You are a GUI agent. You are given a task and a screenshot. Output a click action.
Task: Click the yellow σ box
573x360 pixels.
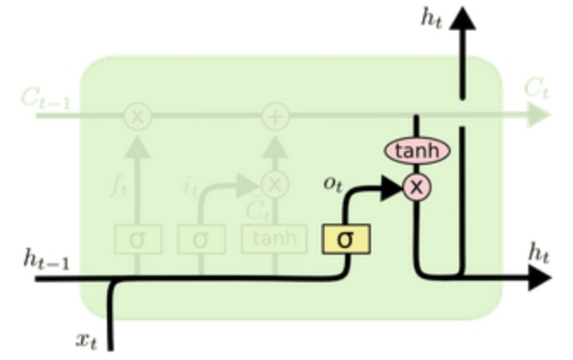click(x=345, y=238)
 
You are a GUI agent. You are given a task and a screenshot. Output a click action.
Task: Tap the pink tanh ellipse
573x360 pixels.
click(x=417, y=151)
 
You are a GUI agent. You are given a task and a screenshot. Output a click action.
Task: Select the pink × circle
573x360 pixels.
click(x=417, y=186)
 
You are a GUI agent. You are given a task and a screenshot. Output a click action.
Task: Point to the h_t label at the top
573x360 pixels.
click(x=431, y=19)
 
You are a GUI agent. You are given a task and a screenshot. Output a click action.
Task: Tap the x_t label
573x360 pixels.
click(x=85, y=340)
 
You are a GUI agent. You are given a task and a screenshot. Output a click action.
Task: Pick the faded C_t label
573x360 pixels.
click(x=536, y=87)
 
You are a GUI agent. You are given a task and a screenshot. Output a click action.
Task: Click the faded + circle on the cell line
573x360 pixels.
click(x=274, y=116)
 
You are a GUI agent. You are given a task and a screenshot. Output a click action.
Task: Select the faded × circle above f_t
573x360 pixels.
click(x=136, y=116)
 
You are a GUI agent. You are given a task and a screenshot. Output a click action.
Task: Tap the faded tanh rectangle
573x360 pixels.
click(x=274, y=238)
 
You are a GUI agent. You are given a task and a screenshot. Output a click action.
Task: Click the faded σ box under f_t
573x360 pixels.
click(x=136, y=238)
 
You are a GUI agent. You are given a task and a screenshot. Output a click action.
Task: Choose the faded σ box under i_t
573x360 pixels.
click(x=201, y=238)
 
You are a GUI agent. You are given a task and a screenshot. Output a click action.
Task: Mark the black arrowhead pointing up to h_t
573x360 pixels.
click(x=463, y=19)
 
